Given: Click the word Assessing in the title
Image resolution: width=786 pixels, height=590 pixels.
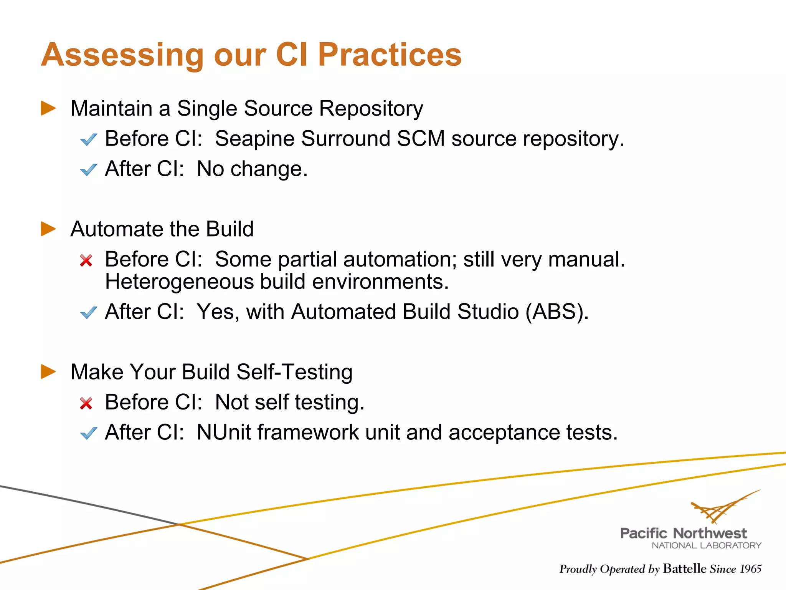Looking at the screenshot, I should click(x=122, y=55).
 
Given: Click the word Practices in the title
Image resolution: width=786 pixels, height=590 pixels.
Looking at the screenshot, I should click(x=390, y=55).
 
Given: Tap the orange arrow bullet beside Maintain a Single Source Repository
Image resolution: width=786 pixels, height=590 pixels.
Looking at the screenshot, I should click(x=48, y=108).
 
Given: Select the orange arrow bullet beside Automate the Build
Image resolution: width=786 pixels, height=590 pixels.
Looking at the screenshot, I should click(x=48, y=229).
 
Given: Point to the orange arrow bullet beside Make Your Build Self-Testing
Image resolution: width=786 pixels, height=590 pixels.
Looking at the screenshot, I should click(x=48, y=372).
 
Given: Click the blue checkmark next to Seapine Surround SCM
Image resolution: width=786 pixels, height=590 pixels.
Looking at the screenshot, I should click(x=89, y=139).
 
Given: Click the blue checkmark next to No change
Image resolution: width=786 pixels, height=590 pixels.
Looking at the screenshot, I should click(x=89, y=169).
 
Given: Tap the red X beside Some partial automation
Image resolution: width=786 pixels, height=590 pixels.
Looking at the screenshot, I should click(x=86, y=260).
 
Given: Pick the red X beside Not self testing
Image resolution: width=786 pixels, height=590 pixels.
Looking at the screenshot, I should click(x=86, y=403).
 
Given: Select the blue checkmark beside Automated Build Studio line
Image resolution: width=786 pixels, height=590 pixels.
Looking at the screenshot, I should click(x=89, y=312).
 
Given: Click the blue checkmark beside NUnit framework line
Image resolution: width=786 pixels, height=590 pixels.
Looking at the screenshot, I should click(x=89, y=433).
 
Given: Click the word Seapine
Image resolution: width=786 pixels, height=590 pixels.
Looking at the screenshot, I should click(x=255, y=139).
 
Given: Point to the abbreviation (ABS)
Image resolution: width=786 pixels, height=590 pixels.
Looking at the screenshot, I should click(x=556, y=312).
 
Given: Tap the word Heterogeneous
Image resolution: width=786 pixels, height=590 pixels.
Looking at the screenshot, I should click(x=179, y=282).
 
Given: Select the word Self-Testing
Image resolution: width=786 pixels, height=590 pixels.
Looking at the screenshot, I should click(x=294, y=372).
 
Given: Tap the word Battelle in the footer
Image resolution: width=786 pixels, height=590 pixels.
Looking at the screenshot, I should click(x=684, y=568).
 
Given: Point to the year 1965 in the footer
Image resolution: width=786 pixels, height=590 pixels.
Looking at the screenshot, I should click(x=750, y=569).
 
